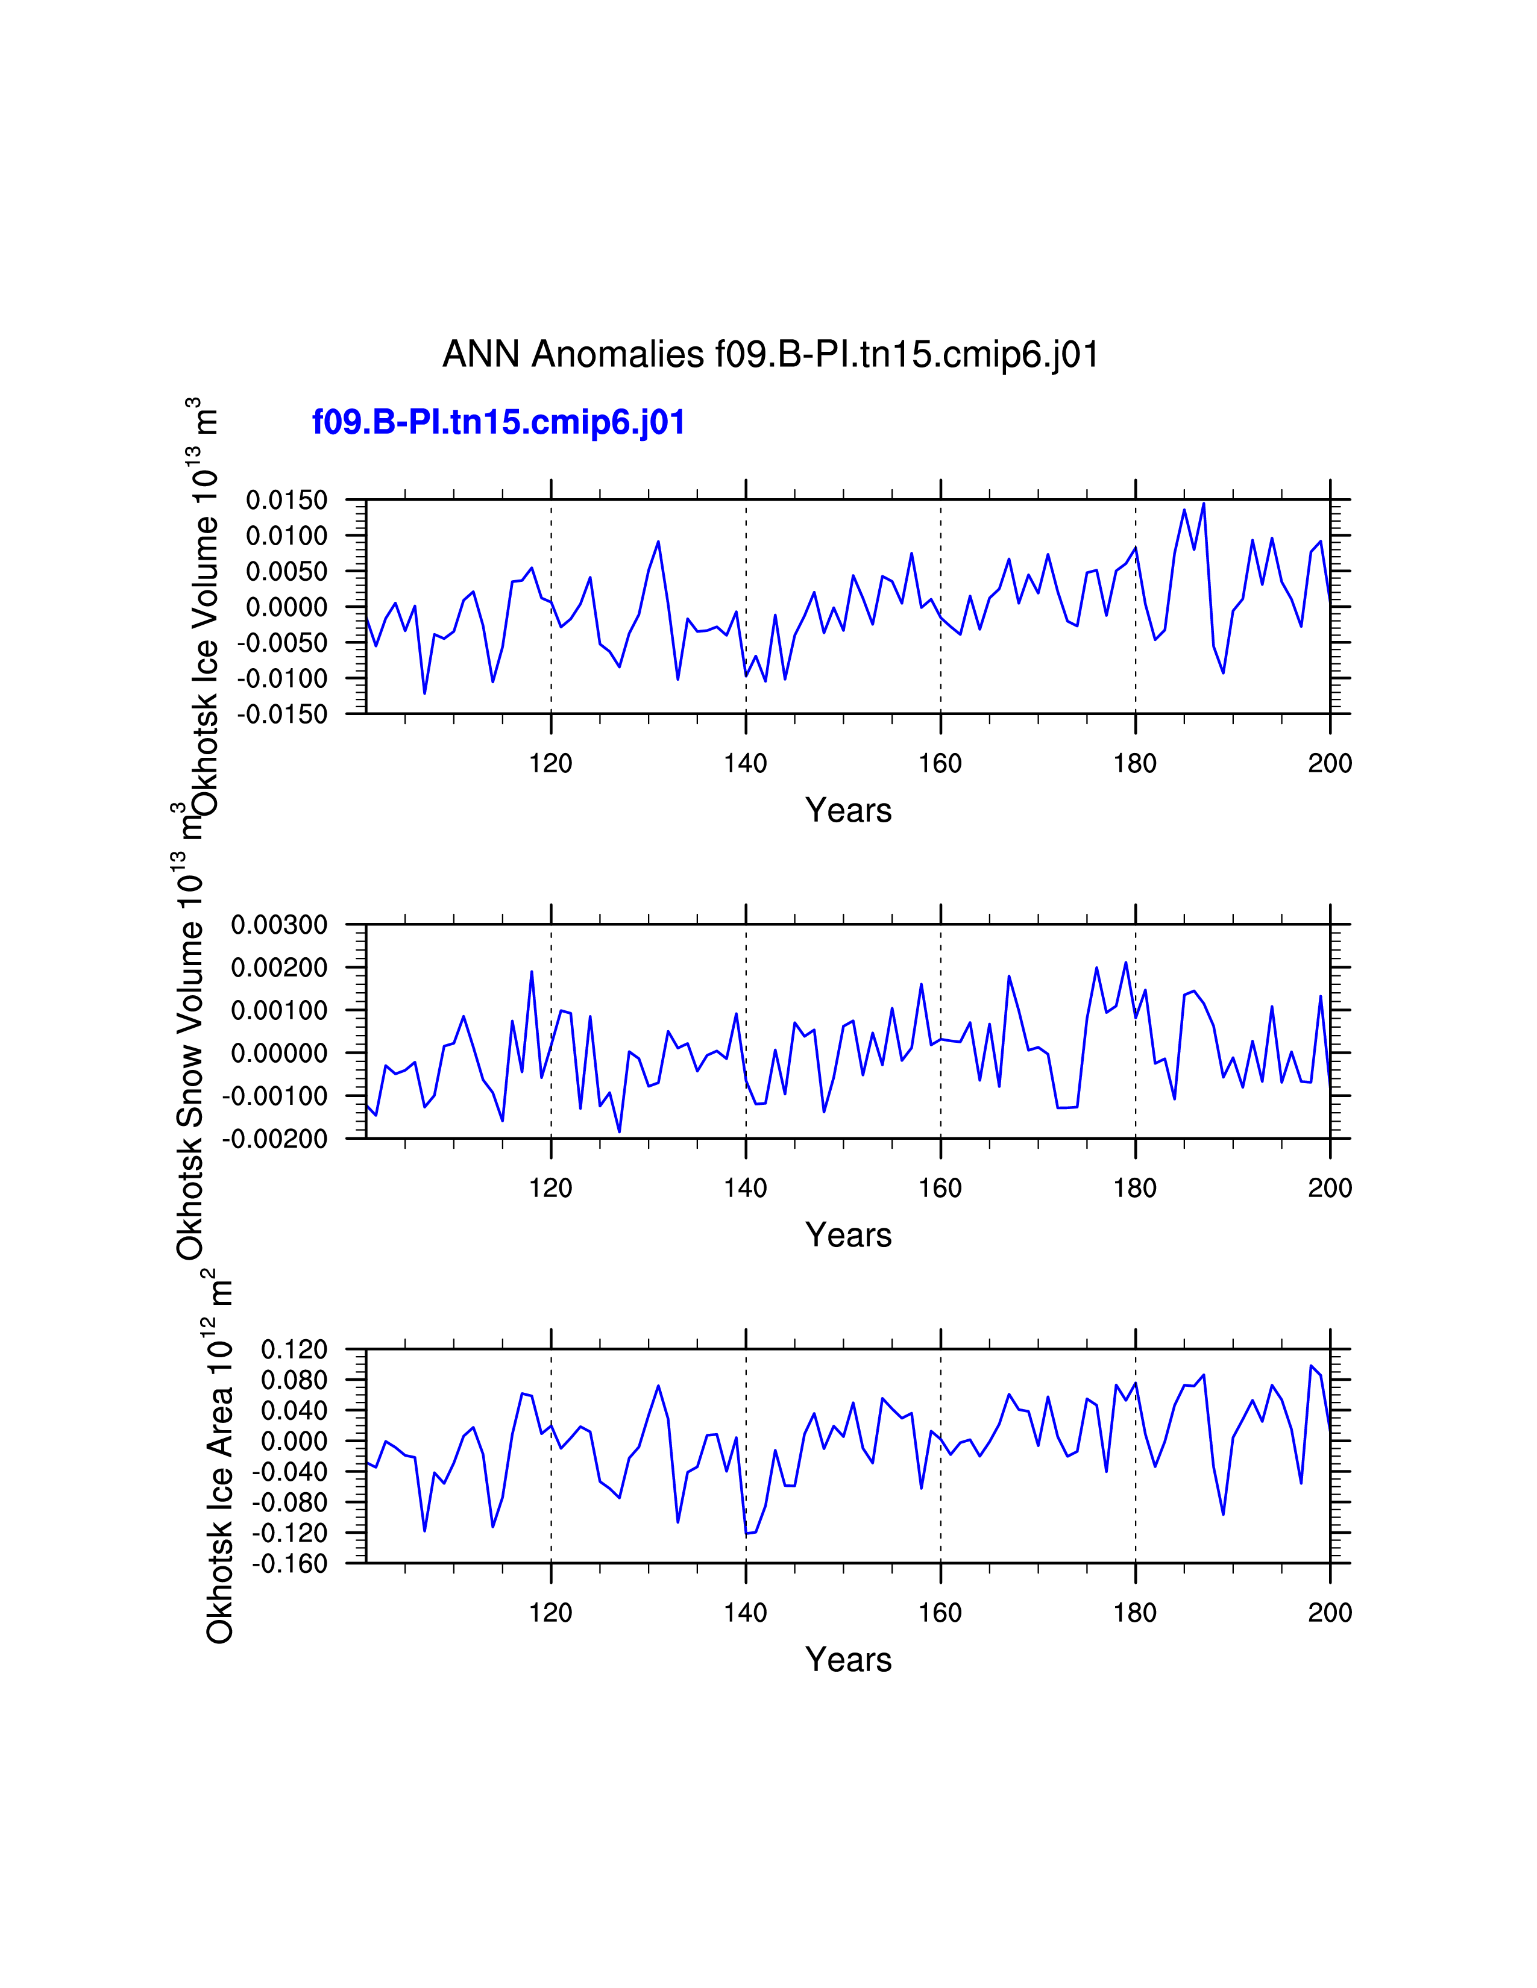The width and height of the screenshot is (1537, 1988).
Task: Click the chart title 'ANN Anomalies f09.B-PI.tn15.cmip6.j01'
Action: [770, 354]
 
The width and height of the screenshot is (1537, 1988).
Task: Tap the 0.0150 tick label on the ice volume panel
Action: [287, 500]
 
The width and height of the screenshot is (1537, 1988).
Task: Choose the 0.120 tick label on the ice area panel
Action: [294, 1350]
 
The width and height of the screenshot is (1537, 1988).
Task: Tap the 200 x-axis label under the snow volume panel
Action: [1330, 1188]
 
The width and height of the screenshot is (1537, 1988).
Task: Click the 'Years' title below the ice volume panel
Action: [847, 810]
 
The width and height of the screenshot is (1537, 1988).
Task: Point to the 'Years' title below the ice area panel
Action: [847, 1660]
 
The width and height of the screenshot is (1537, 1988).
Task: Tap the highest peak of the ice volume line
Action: [1203, 504]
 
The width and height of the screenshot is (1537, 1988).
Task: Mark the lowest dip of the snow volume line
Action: [619, 1131]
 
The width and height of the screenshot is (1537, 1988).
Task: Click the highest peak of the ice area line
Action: [1310, 1365]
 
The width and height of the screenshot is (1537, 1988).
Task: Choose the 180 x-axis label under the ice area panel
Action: [1134, 1613]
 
